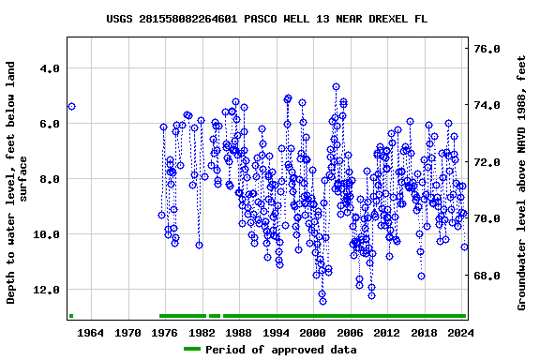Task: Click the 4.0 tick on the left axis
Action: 48,68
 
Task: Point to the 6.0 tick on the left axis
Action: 48,124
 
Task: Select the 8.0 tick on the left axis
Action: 48,179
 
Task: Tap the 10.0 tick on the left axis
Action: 45,234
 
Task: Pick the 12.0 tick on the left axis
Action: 45,290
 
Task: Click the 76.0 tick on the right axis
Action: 487,49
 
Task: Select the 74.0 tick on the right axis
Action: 487,105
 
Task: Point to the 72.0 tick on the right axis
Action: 487,162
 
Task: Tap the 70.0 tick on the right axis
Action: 487,218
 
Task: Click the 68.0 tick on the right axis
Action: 487,276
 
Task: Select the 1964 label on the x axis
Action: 91,332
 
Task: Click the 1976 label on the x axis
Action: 165,332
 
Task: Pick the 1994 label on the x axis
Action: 276,332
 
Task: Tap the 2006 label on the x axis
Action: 350,332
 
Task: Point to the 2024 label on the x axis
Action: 460,332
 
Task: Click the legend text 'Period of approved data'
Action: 280,350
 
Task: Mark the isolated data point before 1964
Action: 71,107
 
